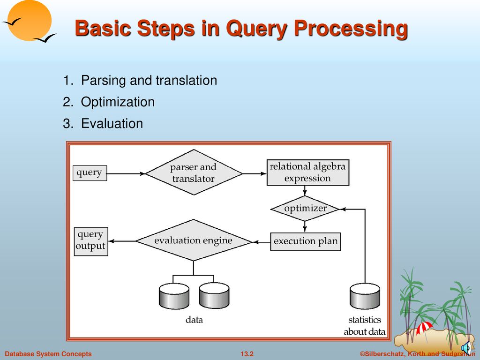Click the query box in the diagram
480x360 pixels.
point(90,173)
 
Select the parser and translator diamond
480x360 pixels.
point(193,173)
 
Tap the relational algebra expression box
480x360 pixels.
point(307,172)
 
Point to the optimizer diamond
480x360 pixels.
point(305,209)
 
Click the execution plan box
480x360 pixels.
point(306,241)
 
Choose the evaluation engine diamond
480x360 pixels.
point(193,240)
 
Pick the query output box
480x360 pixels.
point(90,240)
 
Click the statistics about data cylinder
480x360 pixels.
point(365,296)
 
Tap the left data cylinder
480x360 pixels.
point(174,296)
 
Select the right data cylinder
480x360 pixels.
point(214,296)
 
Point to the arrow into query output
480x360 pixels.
point(122,241)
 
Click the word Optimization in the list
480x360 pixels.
point(118,102)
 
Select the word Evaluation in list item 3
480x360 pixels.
point(112,124)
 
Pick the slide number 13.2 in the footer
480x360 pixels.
point(247,354)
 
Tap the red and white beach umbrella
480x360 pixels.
point(424,328)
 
